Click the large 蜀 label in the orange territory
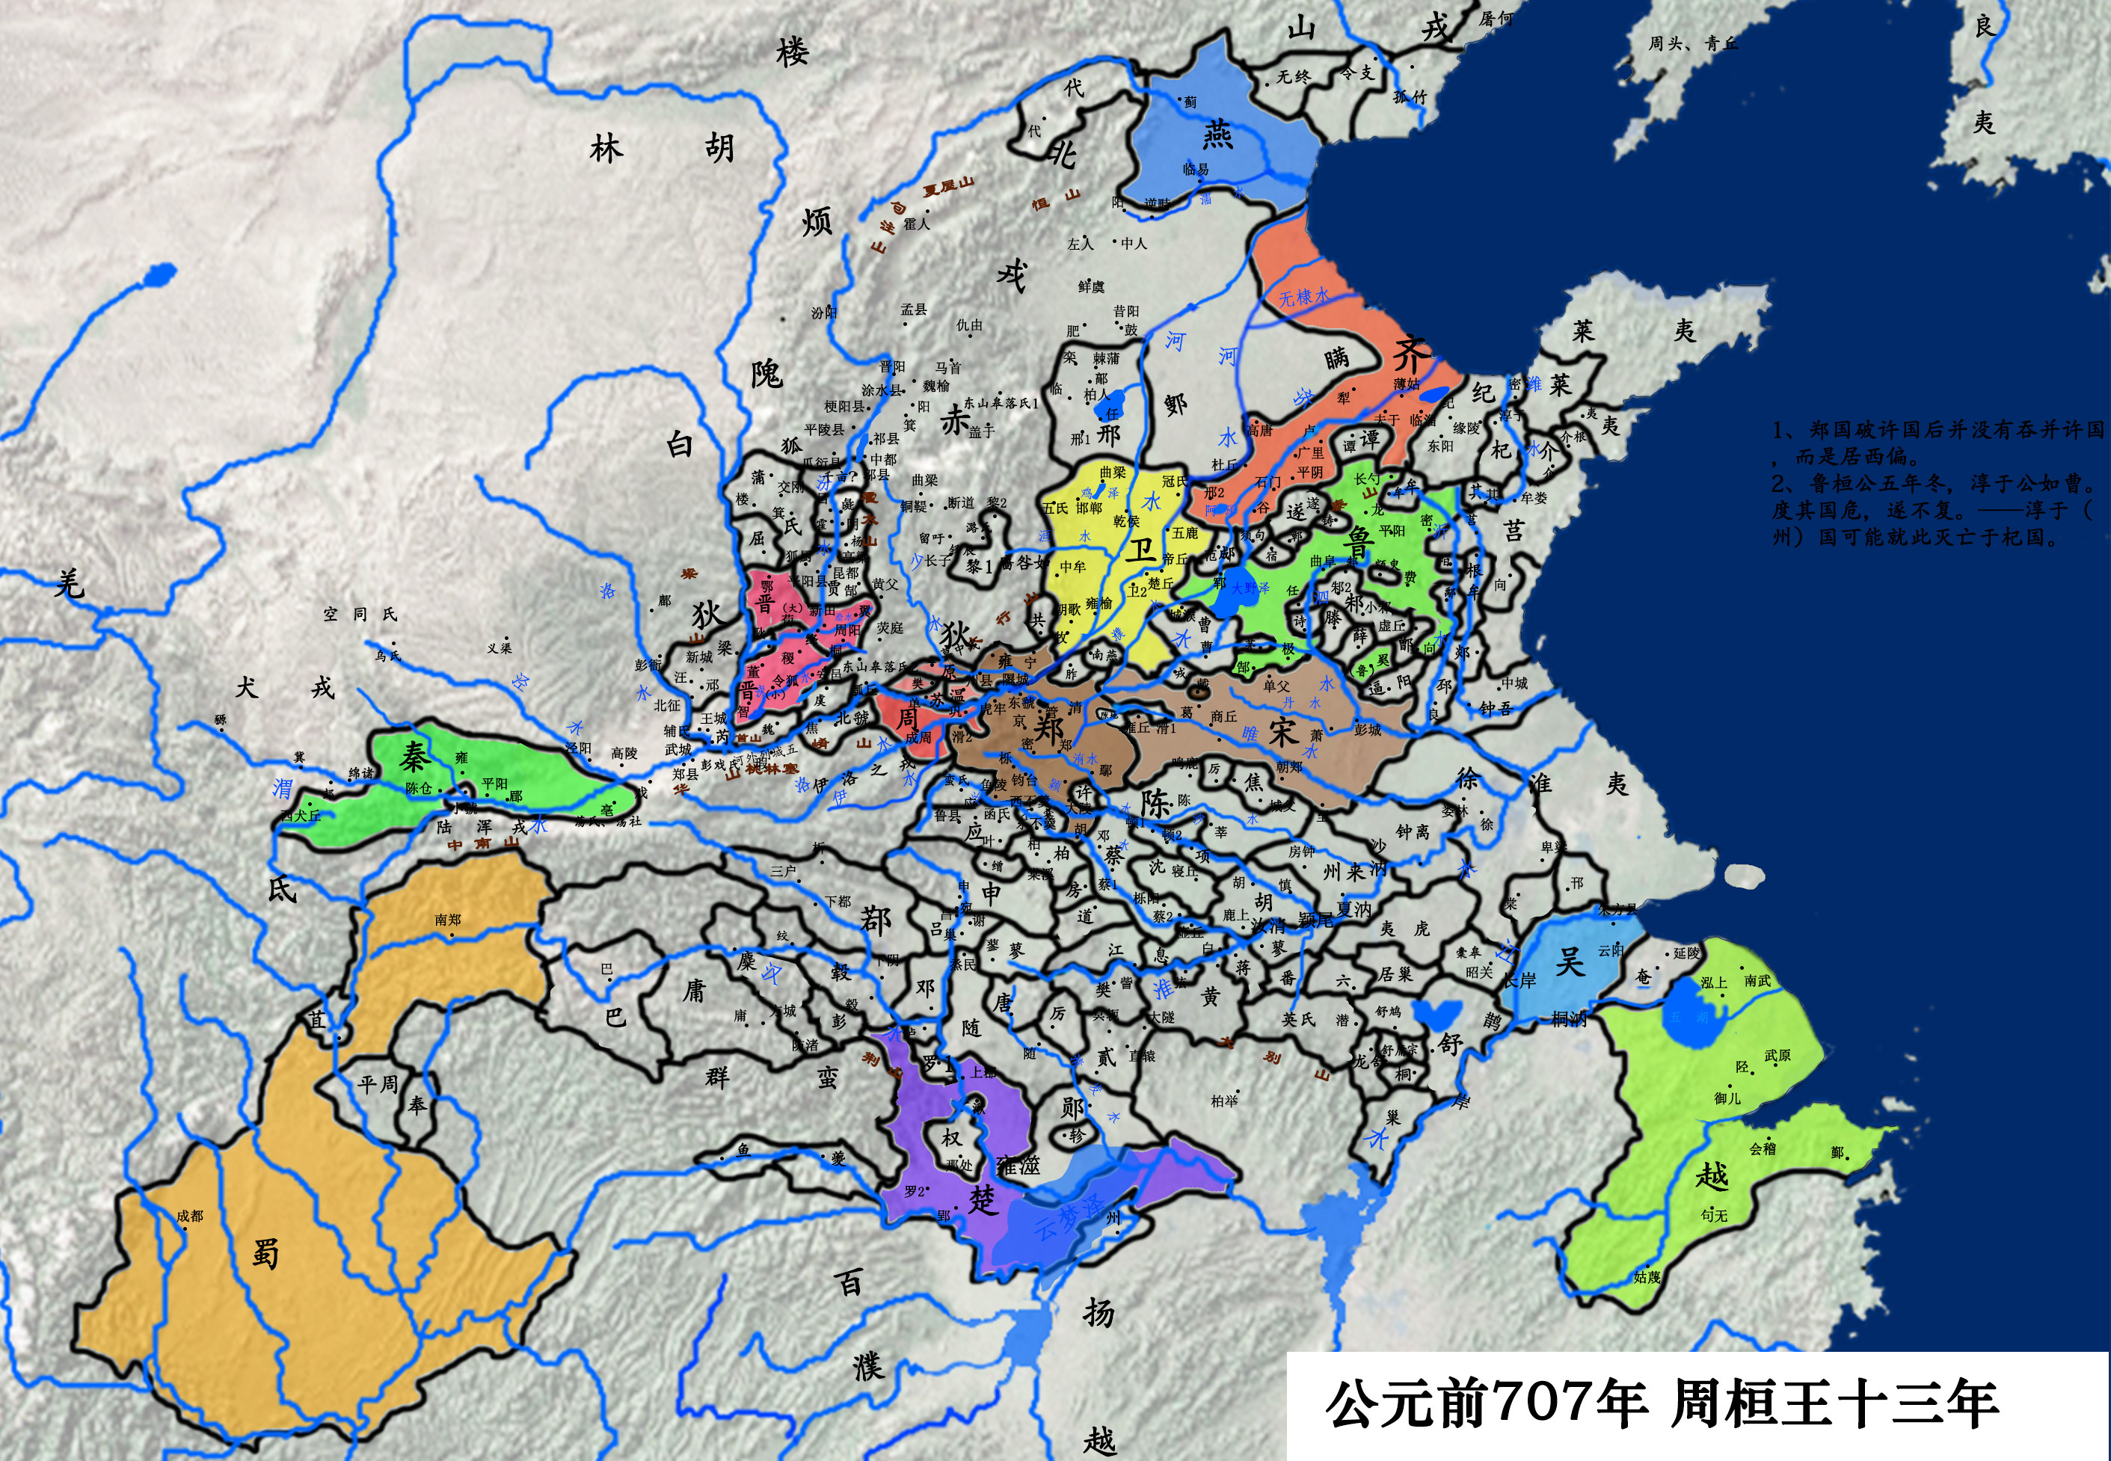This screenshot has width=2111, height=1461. click(x=265, y=1253)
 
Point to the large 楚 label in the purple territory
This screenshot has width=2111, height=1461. click(x=983, y=1199)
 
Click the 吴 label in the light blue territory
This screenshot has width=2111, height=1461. click(x=1569, y=962)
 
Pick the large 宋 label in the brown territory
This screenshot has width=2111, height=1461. click(x=1283, y=730)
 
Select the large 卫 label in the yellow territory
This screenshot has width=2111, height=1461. click(x=1140, y=550)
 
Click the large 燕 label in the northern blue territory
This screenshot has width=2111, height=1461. click(x=1217, y=135)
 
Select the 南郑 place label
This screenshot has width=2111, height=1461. click(x=448, y=919)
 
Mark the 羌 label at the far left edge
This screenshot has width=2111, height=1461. click(x=70, y=583)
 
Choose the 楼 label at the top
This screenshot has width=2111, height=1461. click(x=792, y=52)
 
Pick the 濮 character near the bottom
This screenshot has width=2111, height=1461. click(x=868, y=1367)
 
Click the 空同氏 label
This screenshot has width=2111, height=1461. click(x=360, y=615)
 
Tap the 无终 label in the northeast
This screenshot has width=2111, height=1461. click(x=1294, y=76)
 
